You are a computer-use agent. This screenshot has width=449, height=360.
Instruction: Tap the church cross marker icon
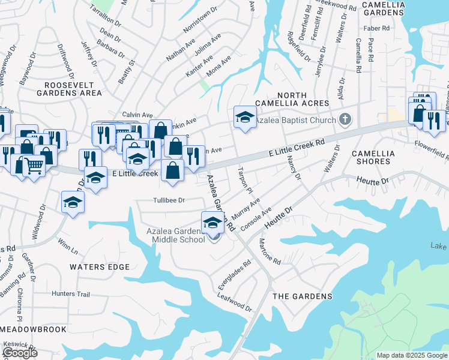(x=345, y=119)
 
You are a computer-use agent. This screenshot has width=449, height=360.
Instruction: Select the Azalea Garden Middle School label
(x=176, y=236)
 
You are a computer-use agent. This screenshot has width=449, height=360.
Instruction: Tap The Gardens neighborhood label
(x=303, y=296)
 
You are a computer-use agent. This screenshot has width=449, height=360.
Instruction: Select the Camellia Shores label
(x=373, y=157)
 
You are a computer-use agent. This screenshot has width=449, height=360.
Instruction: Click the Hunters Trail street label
(x=70, y=294)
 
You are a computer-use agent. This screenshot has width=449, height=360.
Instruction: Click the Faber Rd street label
(x=377, y=28)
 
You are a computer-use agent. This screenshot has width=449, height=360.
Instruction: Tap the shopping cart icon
(x=35, y=165)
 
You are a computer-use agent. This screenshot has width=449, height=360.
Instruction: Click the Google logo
(x=20, y=353)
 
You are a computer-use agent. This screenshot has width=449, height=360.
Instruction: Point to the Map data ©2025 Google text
(x=411, y=355)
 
